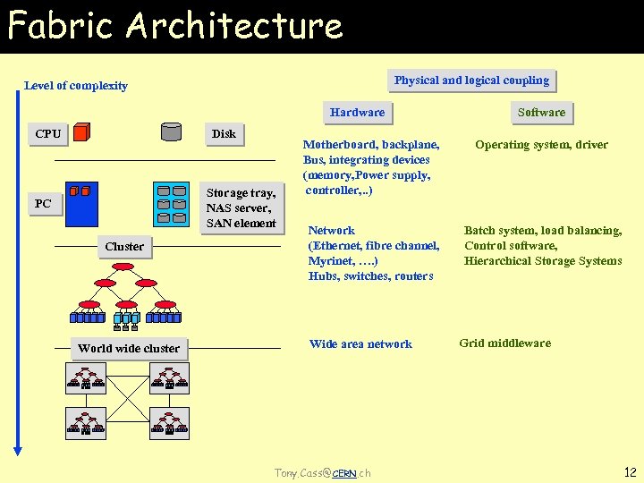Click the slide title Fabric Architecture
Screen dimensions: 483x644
click(x=175, y=26)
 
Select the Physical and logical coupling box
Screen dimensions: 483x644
click(x=471, y=80)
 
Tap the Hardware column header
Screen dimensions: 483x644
click(x=357, y=113)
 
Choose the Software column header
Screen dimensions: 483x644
click(x=541, y=113)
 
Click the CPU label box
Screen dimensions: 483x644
click(x=48, y=134)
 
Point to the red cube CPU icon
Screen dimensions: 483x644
click(x=81, y=133)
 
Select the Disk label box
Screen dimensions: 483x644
click(x=224, y=134)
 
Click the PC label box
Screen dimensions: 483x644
click(x=43, y=204)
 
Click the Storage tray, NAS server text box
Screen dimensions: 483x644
click(x=241, y=208)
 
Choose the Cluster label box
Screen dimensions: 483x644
click(x=124, y=246)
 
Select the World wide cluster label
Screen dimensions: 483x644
click(x=129, y=349)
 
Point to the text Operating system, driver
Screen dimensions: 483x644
click(x=541, y=145)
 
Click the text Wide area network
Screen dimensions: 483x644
click(x=360, y=344)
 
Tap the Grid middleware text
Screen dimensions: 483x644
click(x=504, y=343)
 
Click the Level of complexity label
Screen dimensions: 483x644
click(x=76, y=86)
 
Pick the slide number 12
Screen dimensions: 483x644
click(x=629, y=471)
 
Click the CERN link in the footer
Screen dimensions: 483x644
click(x=343, y=473)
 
